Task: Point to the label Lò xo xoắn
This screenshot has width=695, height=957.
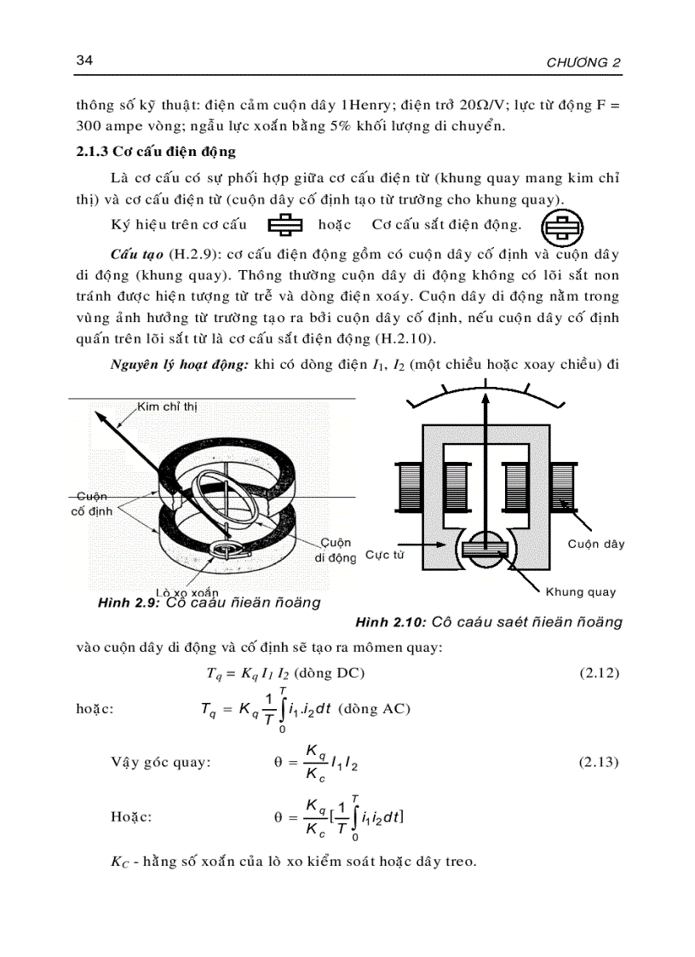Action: pyautogui.click(x=187, y=591)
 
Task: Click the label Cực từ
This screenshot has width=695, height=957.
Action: pyautogui.click(x=384, y=555)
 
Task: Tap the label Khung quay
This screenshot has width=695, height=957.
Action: pyautogui.click(x=580, y=591)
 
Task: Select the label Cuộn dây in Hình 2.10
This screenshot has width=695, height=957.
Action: pyautogui.click(x=595, y=544)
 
